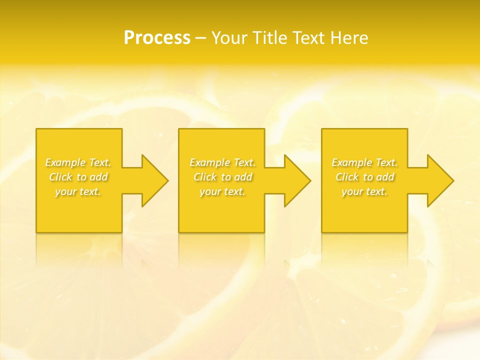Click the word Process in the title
click(157, 37)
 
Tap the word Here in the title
click(349, 37)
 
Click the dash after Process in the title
click(200, 38)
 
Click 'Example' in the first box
click(65, 162)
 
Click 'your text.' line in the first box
click(78, 191)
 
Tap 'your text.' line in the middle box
click(222, 191)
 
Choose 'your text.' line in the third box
click(364, 191)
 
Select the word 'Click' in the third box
click(347, 177)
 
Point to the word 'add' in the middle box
click(243, 177)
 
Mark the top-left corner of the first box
click(36, 129)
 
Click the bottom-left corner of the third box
click(322, 232)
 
